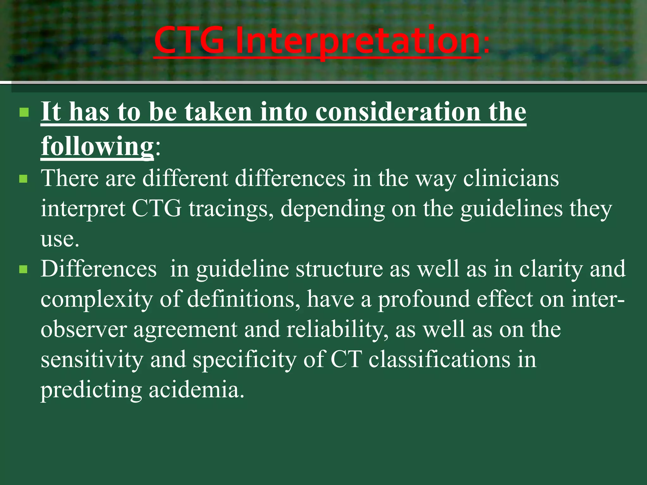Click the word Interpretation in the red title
point(358,41)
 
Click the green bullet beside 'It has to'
point(24,112)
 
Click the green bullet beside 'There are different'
point(24,179)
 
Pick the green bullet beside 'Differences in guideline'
point(24,270)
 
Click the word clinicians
point(511,179)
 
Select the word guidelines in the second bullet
point(511,209)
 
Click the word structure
point(339,269)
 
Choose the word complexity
point(97,299)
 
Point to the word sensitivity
point(92,360)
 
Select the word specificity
point(245,360)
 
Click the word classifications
point(439,360)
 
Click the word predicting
point(91,390)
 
